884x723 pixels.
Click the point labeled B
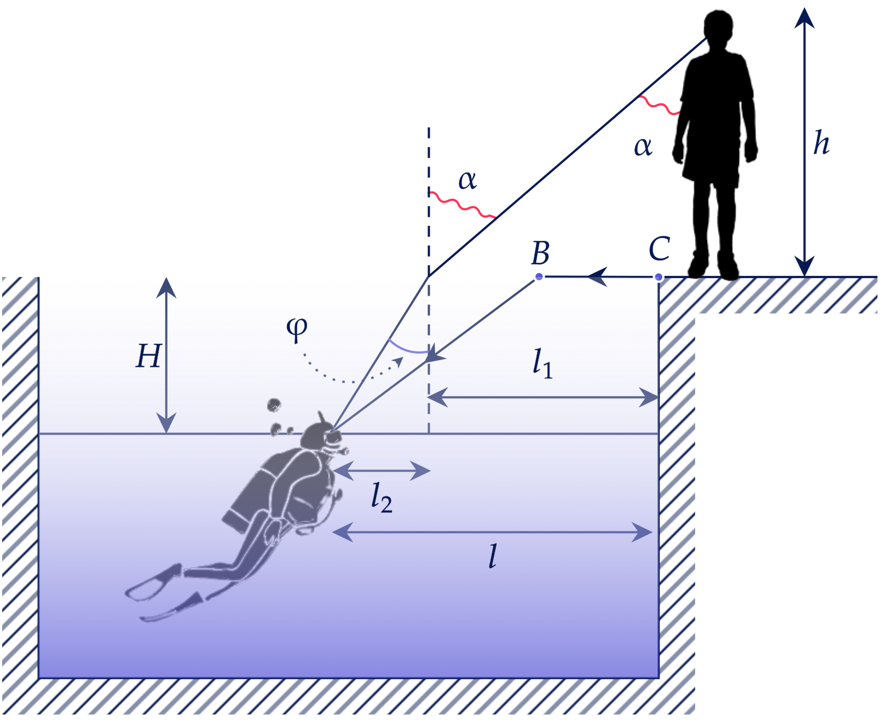point(539,277)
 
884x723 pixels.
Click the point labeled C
point(659,277)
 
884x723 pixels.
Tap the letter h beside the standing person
point(821,143)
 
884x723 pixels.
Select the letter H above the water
point(148,356)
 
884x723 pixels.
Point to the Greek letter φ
point(297,329)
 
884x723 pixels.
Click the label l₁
point(542,363)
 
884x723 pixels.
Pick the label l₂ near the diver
point(382,498)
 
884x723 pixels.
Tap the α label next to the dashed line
point(467,180)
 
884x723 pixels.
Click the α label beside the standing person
point(643,147)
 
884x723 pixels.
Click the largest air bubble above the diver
point(274,405)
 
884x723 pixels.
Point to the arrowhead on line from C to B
point(597,277)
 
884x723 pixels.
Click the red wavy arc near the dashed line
point(462,205)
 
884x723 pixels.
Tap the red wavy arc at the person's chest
point(660,106)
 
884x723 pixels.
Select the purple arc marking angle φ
point(407,349)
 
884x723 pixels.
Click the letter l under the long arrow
point(493,556)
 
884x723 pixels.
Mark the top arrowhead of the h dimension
point(805,18)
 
